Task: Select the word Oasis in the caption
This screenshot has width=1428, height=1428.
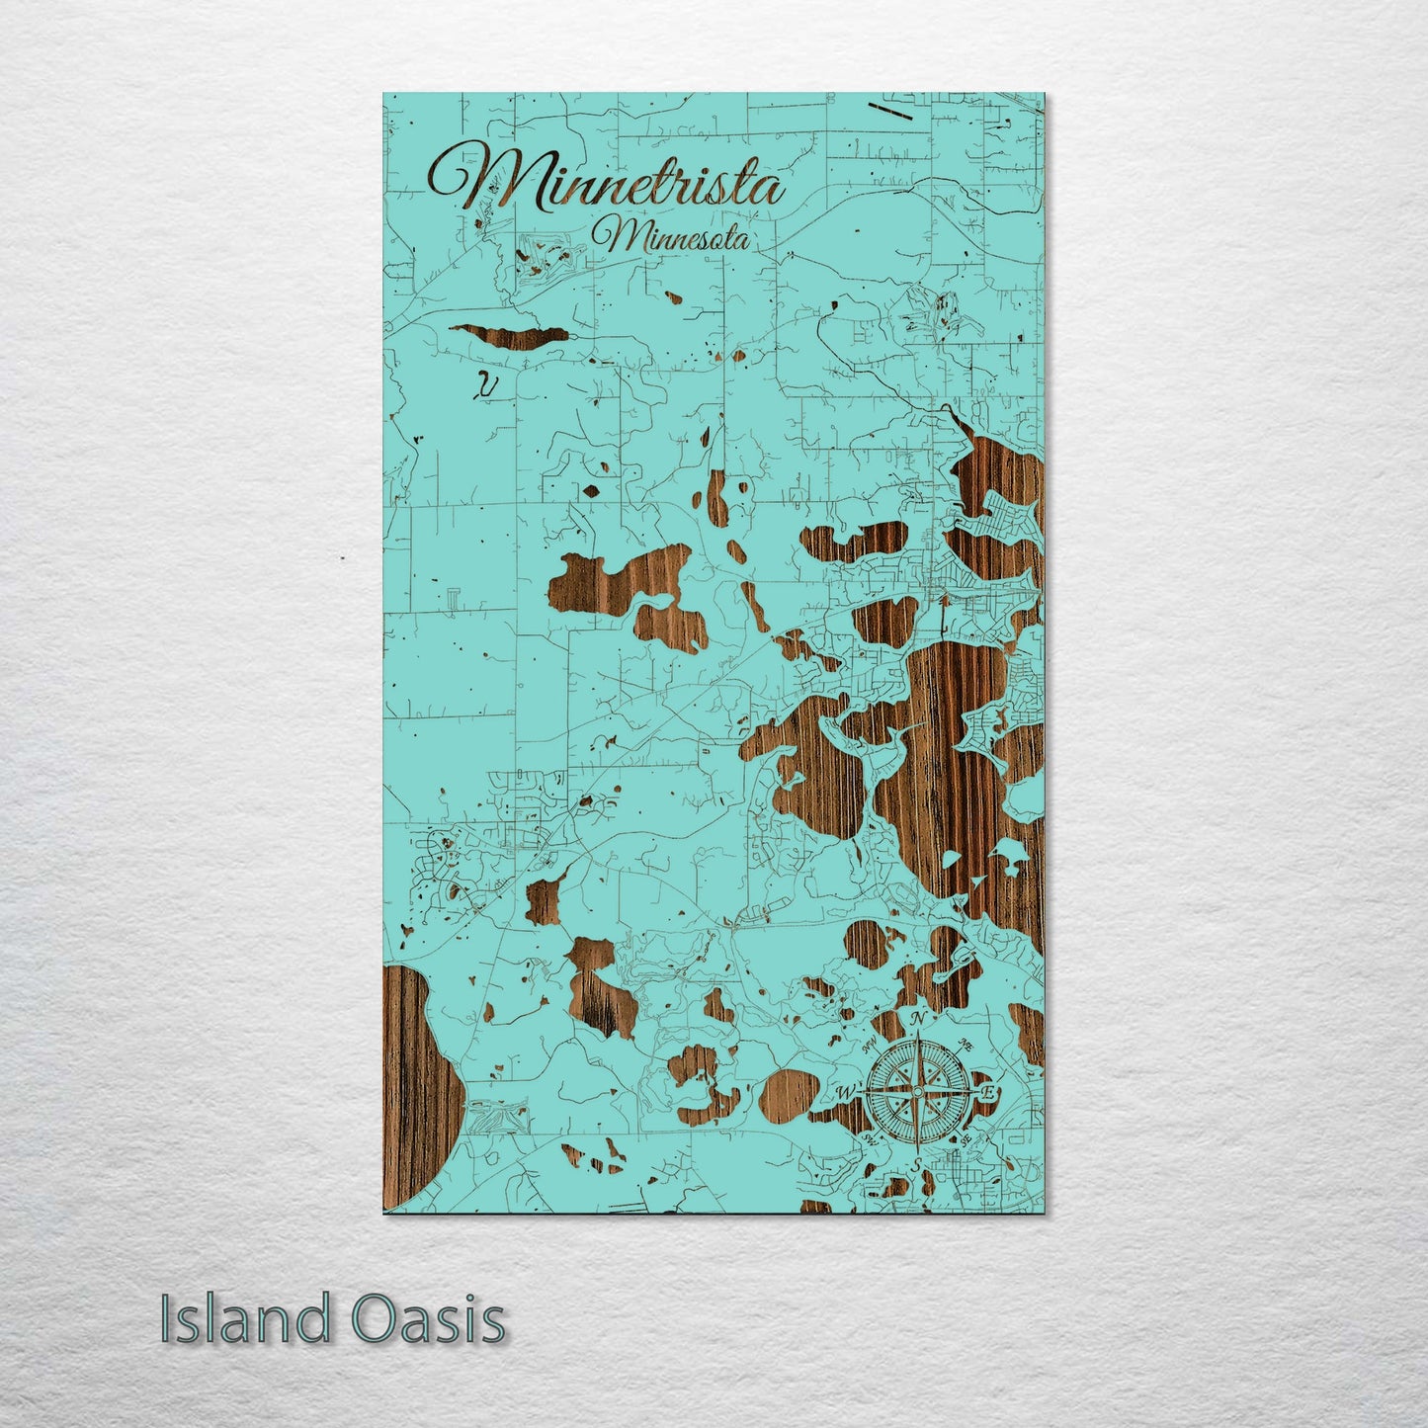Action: click(x=427, y=1320)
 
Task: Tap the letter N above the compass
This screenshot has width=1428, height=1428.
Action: click(x=918, y=1020)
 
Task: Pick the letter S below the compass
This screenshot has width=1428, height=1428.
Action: click(x=917, y=1163)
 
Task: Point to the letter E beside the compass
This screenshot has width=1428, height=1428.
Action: click(x=987, y=1092)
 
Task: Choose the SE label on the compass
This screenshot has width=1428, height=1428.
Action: click(x=966, y=1138)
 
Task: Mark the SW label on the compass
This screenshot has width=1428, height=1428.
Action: click(x=870, y=1138)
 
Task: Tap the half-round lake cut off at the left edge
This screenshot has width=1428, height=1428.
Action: click(x=415, y=1087)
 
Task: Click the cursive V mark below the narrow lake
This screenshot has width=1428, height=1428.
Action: click(x=485, y=386)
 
